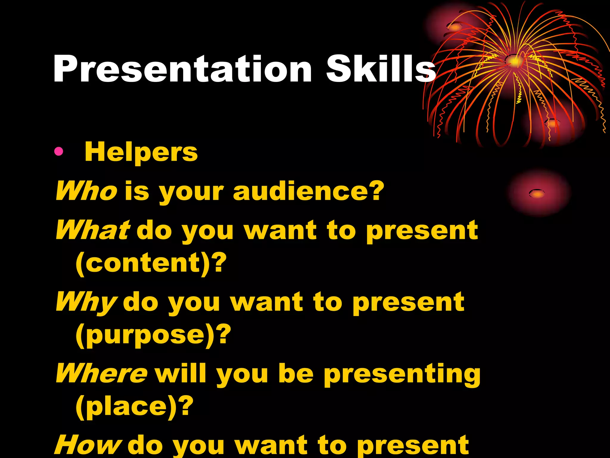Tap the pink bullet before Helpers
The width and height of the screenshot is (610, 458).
[59, 152]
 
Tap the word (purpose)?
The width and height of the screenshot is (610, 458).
[153, 335]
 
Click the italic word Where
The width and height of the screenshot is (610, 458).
[101, 373]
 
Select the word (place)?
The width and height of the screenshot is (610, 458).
[134, 407]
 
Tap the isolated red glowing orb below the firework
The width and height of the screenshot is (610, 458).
[538, 193]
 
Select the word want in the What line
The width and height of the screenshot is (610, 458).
[280, 230]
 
